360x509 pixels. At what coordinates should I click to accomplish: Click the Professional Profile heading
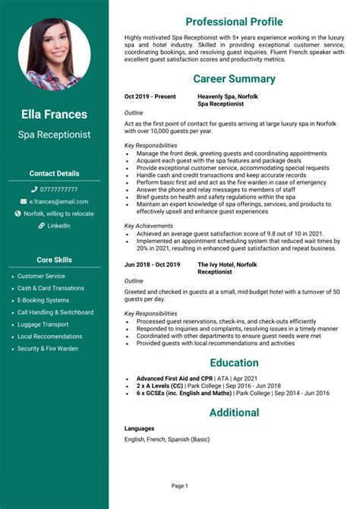234,21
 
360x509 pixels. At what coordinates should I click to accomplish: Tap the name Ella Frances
54,115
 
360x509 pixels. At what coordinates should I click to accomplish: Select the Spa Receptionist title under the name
54,134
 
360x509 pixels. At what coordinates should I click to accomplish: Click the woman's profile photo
54,55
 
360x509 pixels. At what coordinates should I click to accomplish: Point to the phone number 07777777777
58,189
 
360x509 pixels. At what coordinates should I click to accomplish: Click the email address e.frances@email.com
58,201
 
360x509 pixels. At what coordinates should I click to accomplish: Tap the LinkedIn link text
58,226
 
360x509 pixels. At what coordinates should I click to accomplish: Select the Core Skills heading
54,259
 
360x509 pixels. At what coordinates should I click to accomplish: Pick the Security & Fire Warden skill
48,349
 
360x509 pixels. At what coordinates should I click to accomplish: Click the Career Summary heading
234,79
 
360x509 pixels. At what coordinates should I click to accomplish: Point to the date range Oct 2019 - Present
150,97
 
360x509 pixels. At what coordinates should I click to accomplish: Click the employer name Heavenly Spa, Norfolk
228,97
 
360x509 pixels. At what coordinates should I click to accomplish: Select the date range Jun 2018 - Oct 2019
152,264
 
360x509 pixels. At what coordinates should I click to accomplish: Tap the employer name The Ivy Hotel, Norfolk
227,264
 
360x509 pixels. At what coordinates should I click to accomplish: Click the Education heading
234,362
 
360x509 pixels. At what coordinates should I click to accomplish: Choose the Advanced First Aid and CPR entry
175,378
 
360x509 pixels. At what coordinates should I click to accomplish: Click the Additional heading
234,413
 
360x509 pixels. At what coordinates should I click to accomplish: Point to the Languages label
139,428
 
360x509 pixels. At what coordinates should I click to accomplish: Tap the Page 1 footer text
179,485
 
